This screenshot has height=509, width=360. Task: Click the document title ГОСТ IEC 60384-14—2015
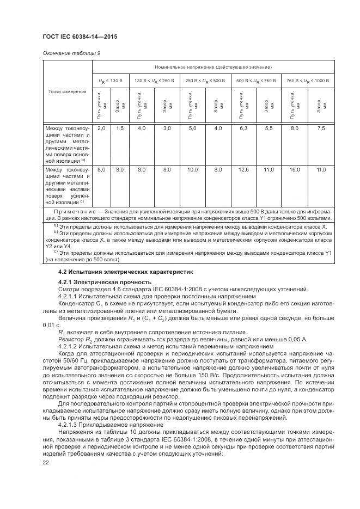click(80, 37)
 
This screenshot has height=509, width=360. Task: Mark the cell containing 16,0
click(295, 170)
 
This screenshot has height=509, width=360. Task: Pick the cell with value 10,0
click(192, 170)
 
